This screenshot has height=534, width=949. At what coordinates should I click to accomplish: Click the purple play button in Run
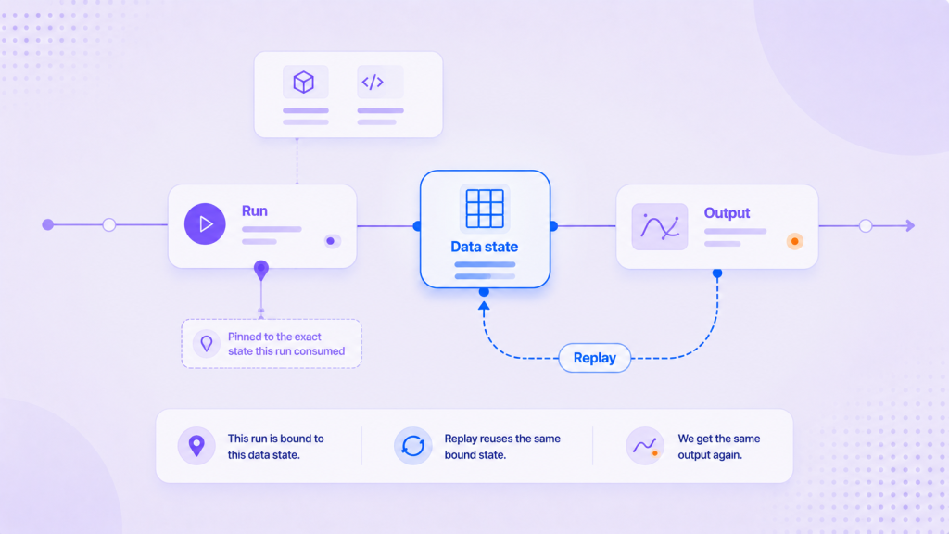click(x=205, y=224)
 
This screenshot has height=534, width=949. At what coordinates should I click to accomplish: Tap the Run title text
click(x=254, y=210)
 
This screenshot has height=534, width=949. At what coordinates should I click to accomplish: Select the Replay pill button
click(x=594, y=358)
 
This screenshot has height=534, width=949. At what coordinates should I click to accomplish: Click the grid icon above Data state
click(x=485, y=209)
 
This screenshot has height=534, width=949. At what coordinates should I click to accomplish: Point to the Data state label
click(x=484, y=247)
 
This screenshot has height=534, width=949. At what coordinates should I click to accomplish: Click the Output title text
click(x=727, y=213)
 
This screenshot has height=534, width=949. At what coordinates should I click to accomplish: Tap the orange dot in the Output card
click(x=794, y=242)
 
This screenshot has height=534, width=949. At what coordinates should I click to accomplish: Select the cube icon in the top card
click(x=304, y=82)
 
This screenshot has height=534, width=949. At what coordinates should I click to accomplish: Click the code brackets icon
click(x=373, y=82)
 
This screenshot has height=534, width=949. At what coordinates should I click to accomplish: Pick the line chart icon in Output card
click(x=660, y=227)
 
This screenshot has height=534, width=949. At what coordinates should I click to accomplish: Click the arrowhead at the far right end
click(x=910, y=226)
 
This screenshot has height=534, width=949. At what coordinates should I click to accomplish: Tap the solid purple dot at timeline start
click(x=48, y=225)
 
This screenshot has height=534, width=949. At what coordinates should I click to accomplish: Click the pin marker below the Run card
click(x=260, y=270)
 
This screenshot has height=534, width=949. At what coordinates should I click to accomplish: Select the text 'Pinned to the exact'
click(x=274, y=337)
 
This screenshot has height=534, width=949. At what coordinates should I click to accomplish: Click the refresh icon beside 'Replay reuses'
click(x=412, y=446)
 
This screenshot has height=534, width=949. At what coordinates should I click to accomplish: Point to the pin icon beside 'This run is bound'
click(x=196, y=446)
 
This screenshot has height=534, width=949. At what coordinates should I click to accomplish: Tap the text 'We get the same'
click(x=719, y=439)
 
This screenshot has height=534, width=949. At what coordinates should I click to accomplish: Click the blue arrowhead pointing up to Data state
click(x=484, y=306)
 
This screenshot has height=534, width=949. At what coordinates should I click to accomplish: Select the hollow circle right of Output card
click(x=866, y=226)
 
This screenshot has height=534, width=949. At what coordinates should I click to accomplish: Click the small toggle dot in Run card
click(x=331, y=241)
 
